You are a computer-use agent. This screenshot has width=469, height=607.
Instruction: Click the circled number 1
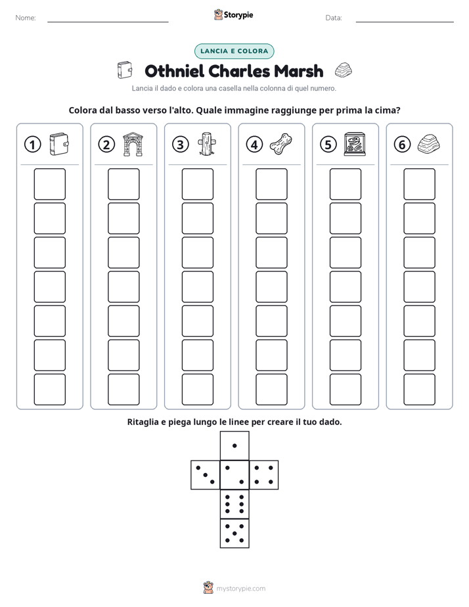(32, 145)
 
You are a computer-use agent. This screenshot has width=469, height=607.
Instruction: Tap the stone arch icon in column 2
(133, 145)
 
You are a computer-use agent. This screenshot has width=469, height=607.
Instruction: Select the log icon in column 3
(207, 144)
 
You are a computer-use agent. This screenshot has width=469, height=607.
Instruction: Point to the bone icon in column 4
(281, 145)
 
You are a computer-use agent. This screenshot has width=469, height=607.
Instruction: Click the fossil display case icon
(355, 145)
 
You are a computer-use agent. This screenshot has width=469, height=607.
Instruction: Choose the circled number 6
(402, 145)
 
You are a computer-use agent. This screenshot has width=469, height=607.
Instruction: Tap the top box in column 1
(49, 184)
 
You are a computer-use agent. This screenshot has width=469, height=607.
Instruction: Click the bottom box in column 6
(419, 390)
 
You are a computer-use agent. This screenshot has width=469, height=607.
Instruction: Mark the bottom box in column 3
(197, 390)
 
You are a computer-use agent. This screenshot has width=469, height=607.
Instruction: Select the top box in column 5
(345, 184)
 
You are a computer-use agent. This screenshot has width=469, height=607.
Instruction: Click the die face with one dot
(234, 445)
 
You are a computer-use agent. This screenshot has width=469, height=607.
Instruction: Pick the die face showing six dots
(234, 504)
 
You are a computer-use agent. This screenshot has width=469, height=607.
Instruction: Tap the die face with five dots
(234, 533)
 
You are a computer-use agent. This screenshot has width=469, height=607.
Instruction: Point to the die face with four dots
(264, 475)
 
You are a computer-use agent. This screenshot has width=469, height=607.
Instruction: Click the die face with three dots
(205, 475)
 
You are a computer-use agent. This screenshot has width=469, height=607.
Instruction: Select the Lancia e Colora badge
(234, 51)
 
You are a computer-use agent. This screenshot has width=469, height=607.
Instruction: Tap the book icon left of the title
(125, 70)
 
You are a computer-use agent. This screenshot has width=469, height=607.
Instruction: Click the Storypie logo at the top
(233, 14)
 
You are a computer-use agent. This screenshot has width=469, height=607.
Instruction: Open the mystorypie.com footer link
(240, 589)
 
